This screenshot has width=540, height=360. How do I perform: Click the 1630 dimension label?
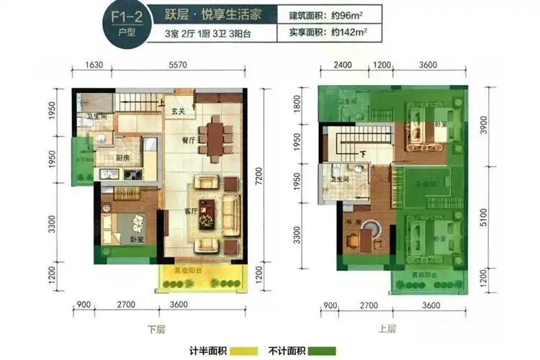(x=95, y=65)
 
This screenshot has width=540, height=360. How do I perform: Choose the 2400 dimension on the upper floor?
(x=343, y=65)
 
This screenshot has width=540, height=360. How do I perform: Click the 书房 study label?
(x=351, y=221)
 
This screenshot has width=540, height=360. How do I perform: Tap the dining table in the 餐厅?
(x=214, y=137)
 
